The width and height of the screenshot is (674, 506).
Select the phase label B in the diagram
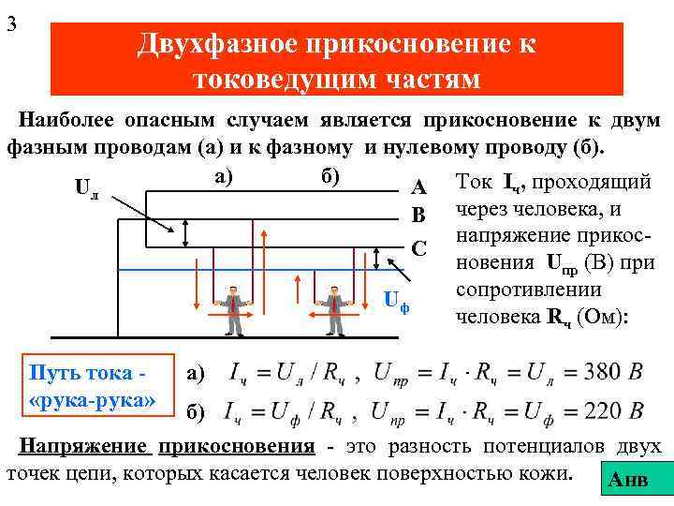coord(418,217)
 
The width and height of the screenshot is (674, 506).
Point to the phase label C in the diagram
coord(418,248)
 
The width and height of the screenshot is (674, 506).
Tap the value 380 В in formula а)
coord(612,373)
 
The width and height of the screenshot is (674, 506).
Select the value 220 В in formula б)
coord(612,410)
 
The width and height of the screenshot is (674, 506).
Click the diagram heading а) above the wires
coord(225,174)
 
